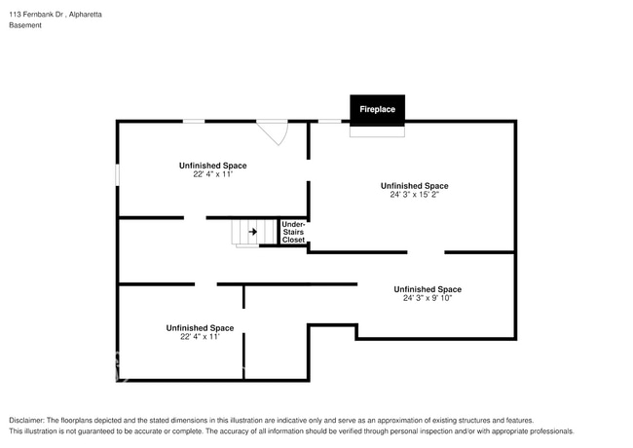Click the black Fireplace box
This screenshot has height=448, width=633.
[x=378, y=110]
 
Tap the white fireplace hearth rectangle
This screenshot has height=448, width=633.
[x=378, y=131]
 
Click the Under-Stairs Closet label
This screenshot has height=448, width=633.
[x=293, y=232]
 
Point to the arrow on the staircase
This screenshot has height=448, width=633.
[x=253, y=232]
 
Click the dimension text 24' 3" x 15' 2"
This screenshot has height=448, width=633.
[x=414, y=195]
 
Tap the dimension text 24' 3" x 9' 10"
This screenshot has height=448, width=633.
[x=428, y=298]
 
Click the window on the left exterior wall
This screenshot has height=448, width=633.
[x=118, y=174]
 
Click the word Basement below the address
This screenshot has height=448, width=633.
[x=25, y=25]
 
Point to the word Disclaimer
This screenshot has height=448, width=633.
[x=26, y=421]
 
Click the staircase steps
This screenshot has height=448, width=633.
[x=254, y=233]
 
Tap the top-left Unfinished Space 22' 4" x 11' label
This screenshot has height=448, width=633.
[x=212, y=169]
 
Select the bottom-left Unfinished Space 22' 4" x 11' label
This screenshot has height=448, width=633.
[x=200, y=332]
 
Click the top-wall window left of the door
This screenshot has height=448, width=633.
[x=194, y=121]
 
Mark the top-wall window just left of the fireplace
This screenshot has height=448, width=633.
[x=330, y=121]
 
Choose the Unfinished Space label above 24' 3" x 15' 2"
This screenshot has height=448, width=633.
[x=415, y=186]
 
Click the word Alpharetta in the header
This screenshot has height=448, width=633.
[x=85, y=15]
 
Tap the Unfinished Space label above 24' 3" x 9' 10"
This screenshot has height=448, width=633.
[x=428, y=289]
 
